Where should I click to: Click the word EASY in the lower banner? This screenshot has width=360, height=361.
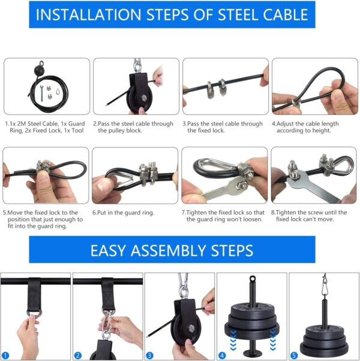tap(113, 250)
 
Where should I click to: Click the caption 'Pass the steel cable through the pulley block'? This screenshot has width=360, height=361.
tap(133, 127)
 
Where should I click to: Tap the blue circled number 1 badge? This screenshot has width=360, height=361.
tap(6, 356)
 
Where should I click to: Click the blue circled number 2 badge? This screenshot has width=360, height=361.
tap(78, 356)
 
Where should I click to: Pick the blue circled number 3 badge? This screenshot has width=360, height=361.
tap(150, 356)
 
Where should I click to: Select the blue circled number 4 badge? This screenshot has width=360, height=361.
tap(222, 356)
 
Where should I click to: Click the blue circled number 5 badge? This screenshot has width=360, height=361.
tap(294, 356)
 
